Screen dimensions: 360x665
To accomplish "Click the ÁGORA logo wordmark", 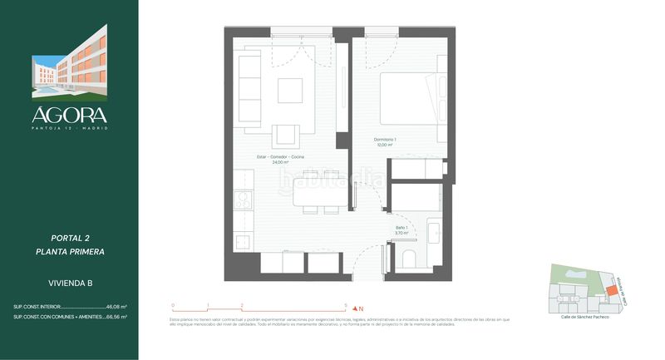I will click(x=69, y=115).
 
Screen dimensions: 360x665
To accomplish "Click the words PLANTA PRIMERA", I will click(x=70, y=251).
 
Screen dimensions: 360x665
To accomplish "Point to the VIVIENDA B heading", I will click(x=70, y=284).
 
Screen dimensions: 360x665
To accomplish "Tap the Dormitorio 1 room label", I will click(x=384, y=141).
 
